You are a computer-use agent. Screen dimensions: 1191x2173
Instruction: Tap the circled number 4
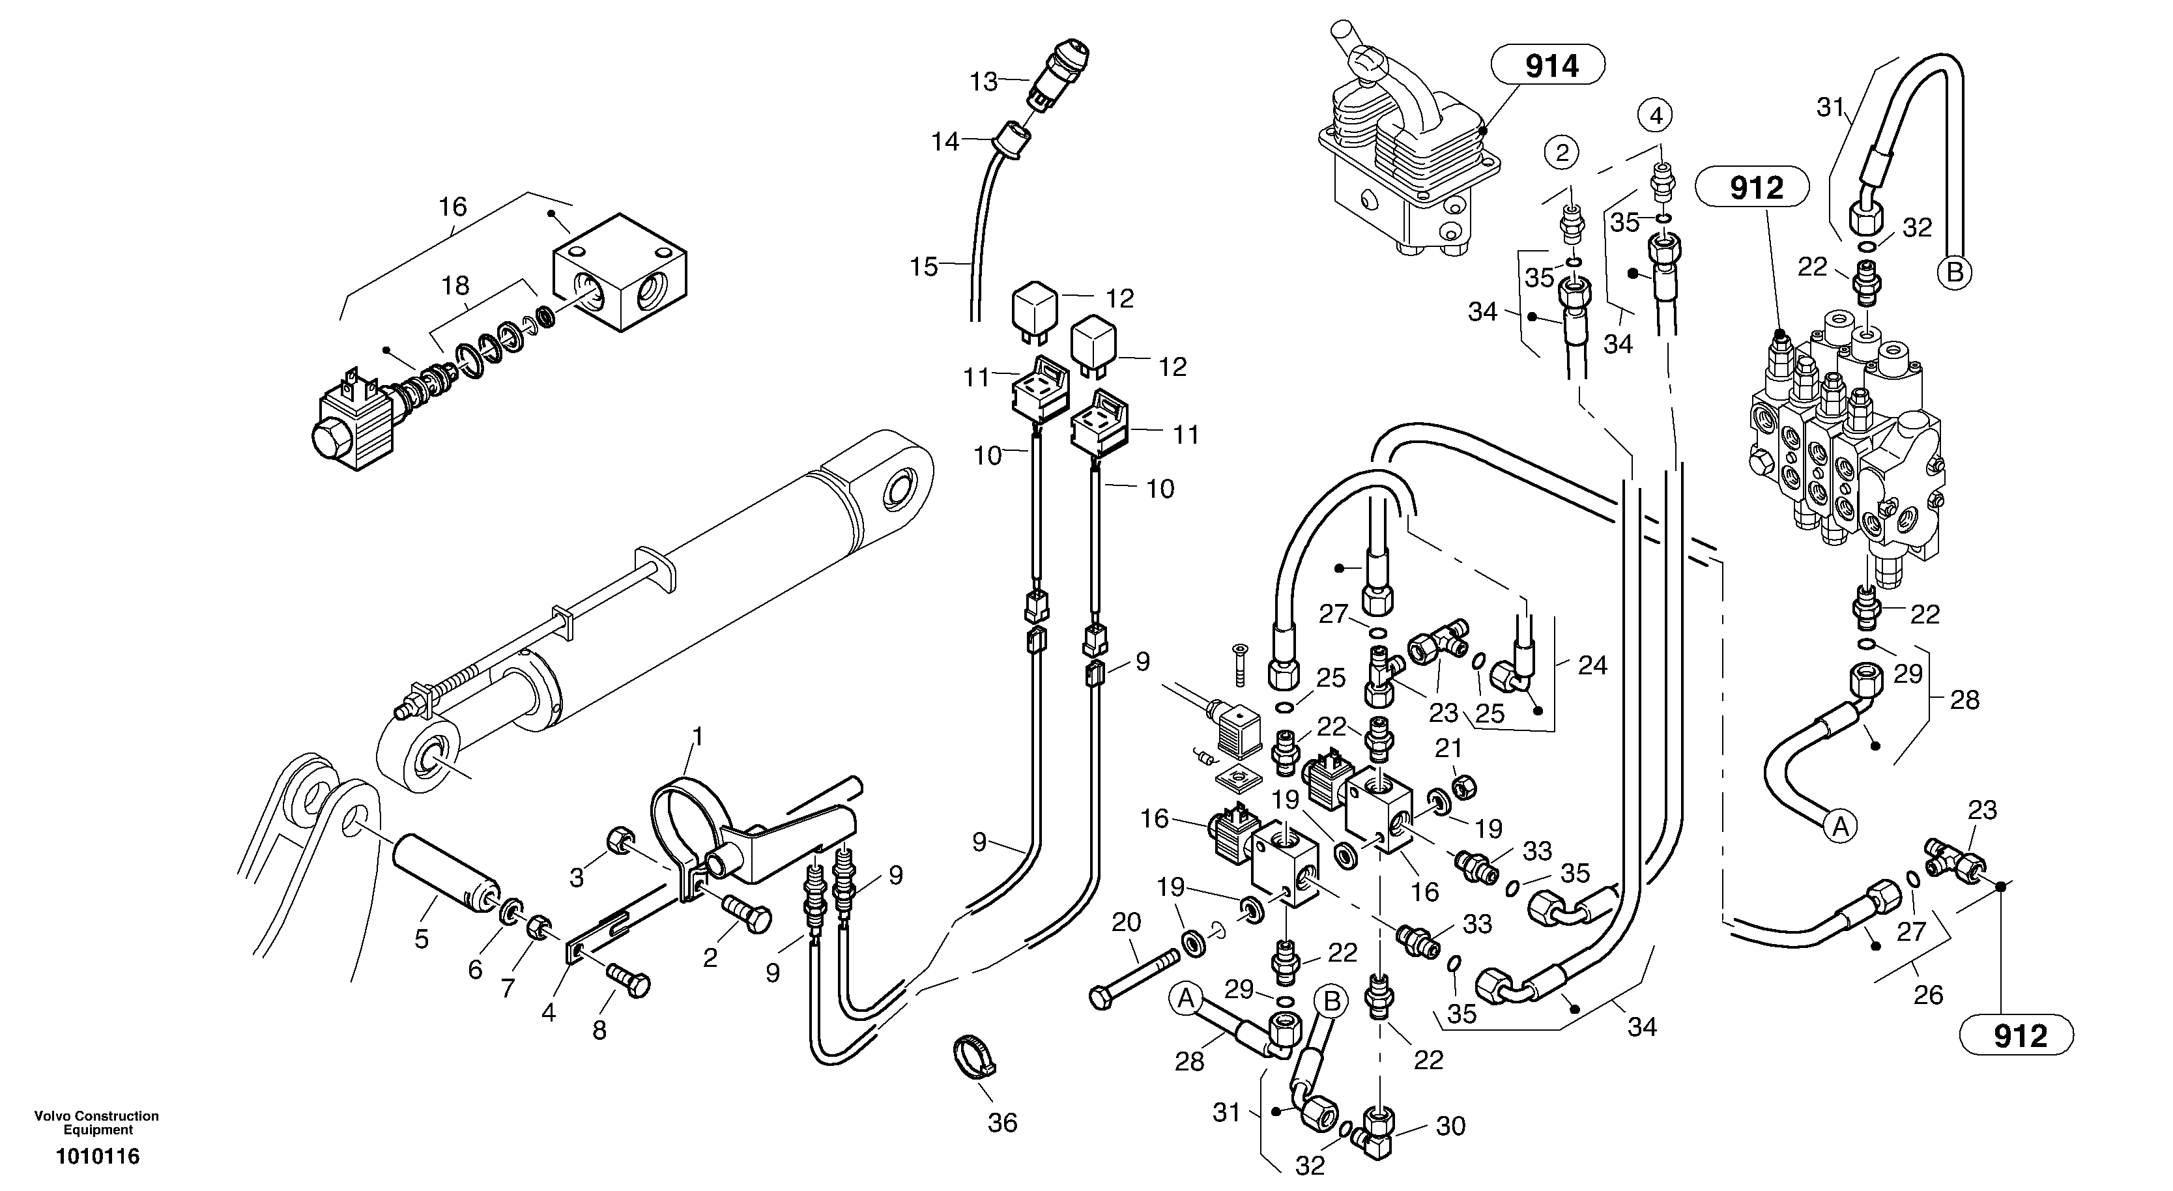point(1656,115)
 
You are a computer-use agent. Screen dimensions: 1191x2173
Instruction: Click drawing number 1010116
point(97,1156)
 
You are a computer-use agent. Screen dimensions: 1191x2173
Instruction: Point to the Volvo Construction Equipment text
point(96,1122)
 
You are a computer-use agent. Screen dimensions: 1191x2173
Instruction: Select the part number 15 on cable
point(924,266)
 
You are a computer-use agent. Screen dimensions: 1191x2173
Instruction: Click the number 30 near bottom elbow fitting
point(1450,1125)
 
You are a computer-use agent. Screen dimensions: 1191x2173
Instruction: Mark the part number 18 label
point(455,286)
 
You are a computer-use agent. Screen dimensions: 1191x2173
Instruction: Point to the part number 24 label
point(1592,665)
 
